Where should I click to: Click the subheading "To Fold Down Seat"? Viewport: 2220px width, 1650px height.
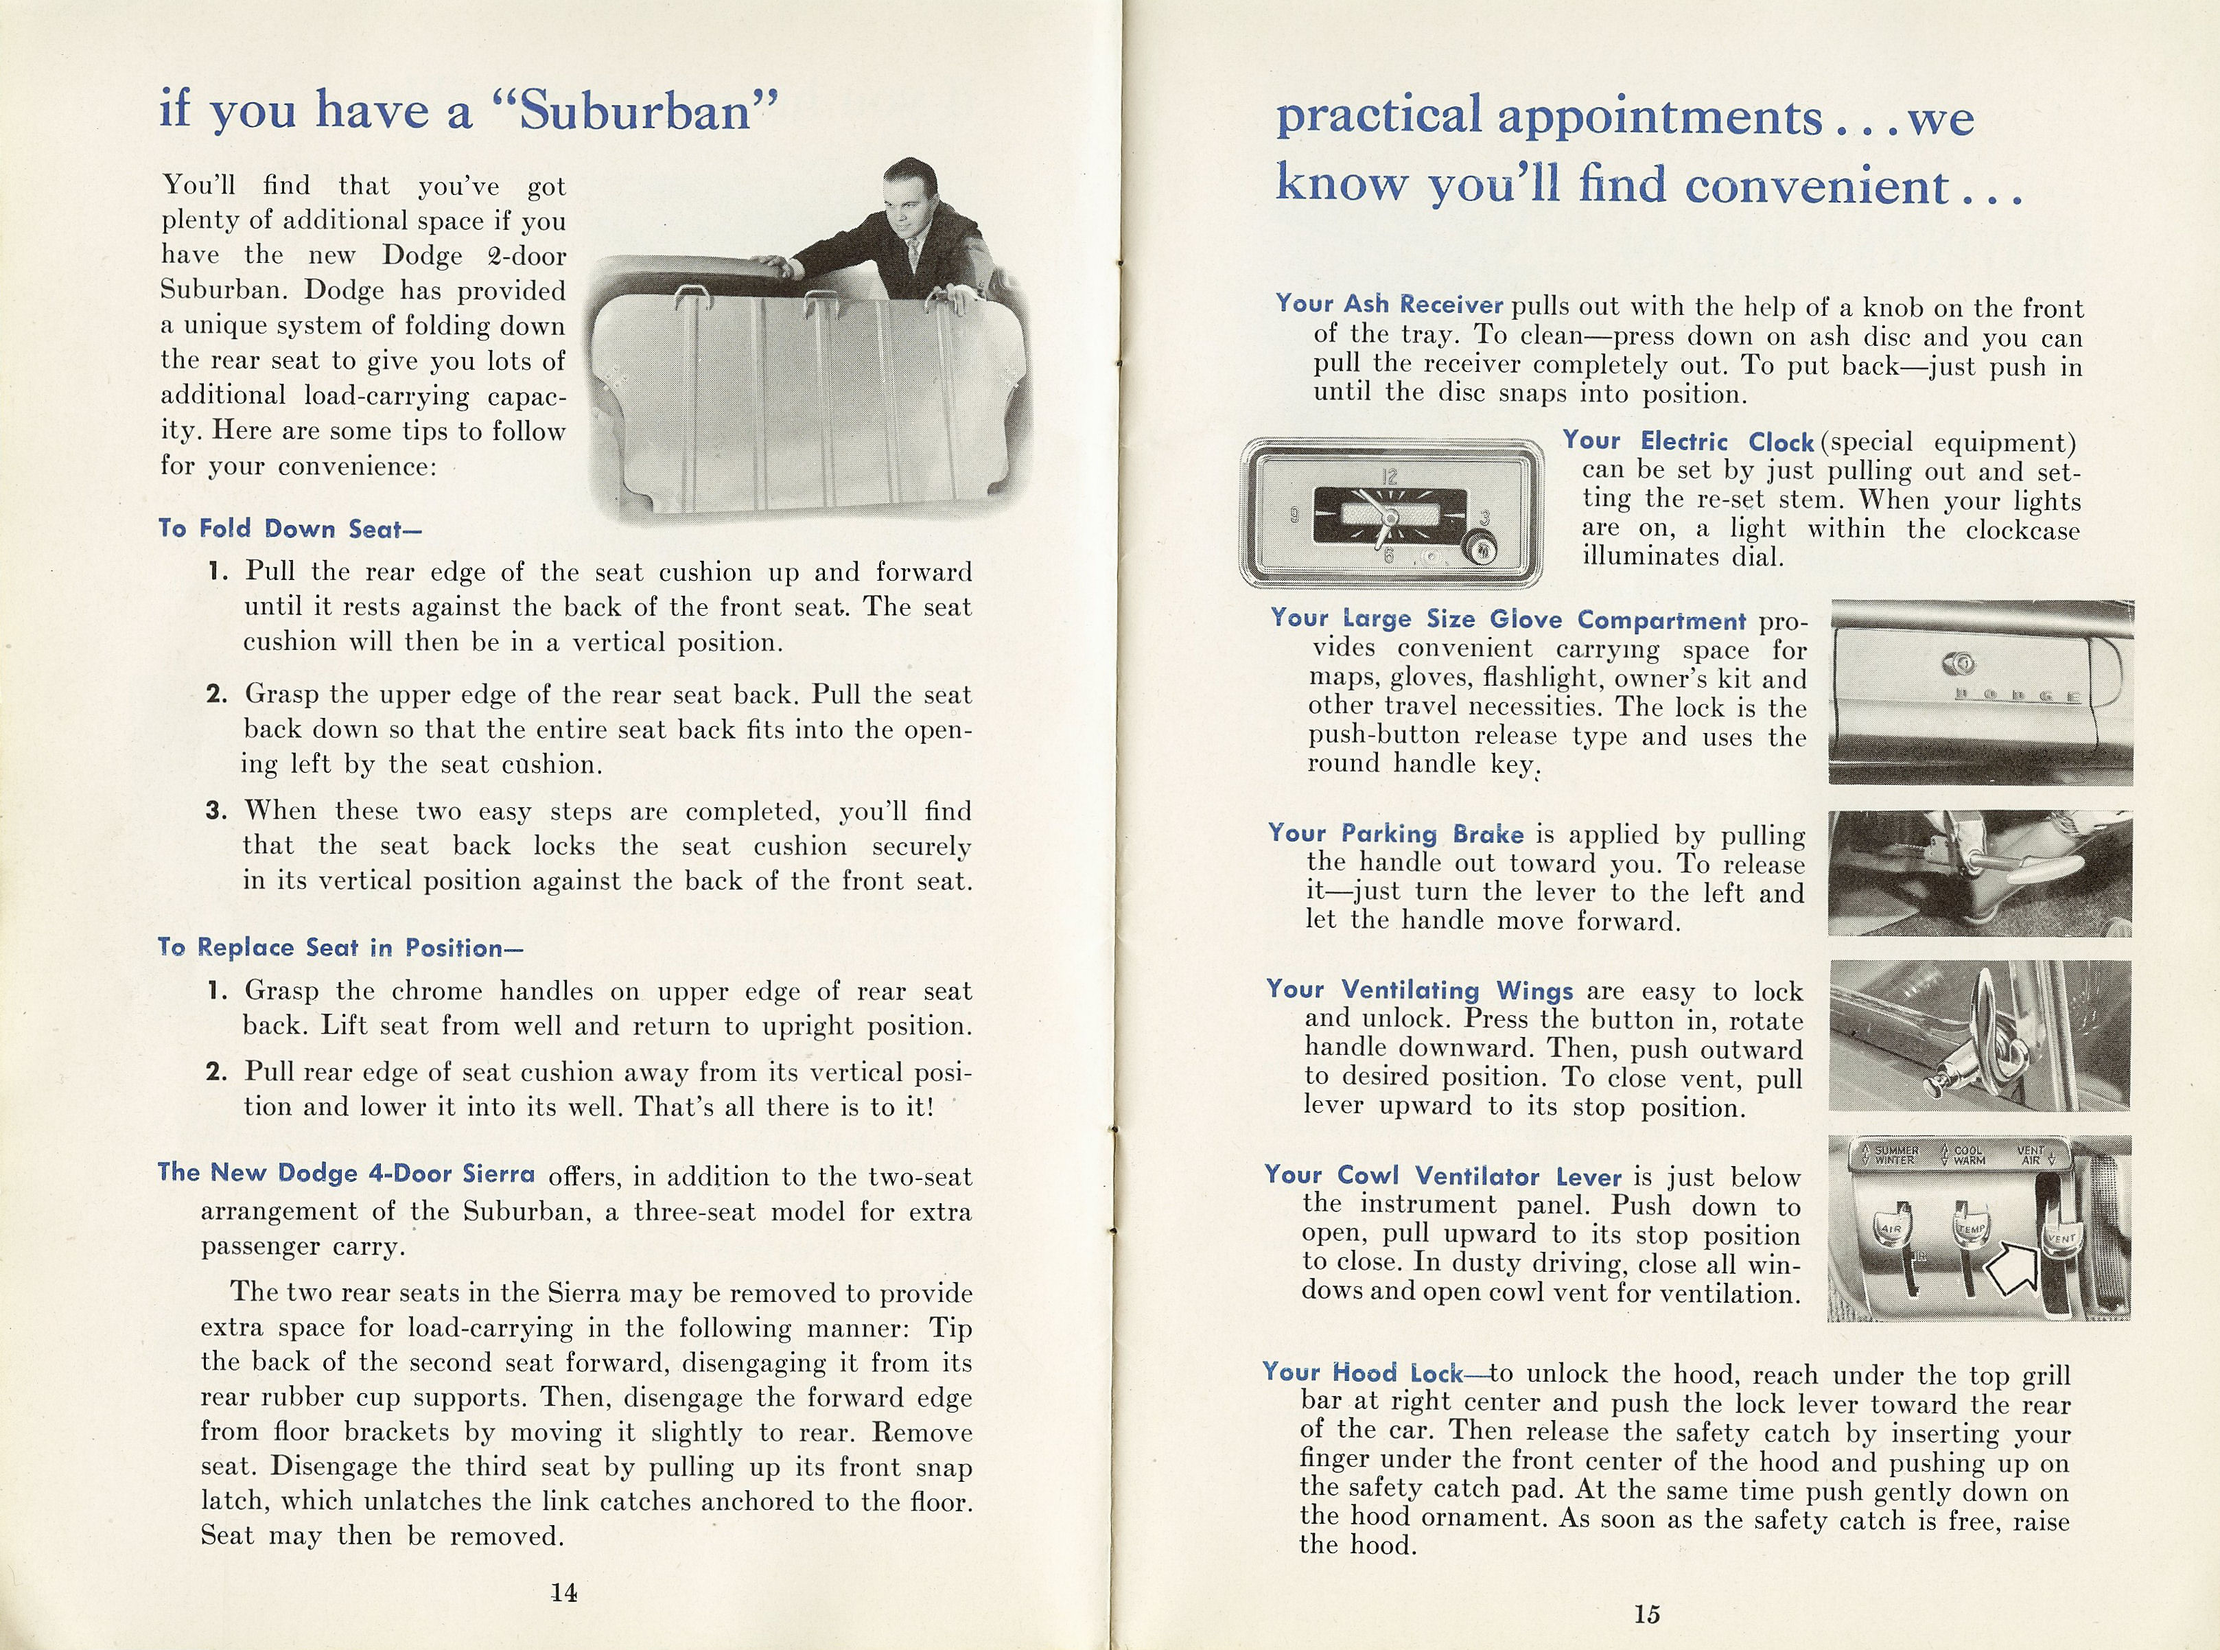(290, 528)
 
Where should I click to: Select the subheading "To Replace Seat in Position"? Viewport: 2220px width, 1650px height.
(340, 947)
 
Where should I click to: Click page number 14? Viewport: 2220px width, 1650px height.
(564, 1592)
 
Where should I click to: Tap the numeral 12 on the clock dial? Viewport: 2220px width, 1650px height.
(1389, 476)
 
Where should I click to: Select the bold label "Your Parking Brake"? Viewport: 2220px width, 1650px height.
(1396, 833)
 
